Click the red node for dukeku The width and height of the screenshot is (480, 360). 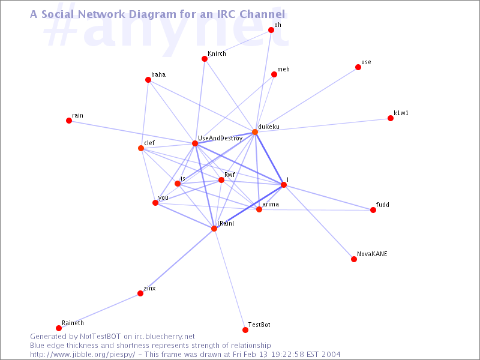coord(255,132)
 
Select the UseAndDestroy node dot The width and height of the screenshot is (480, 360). coord(195,143)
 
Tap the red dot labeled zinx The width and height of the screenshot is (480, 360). coord(140,293)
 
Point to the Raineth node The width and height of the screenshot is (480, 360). coord(59,328)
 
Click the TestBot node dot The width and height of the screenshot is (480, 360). coord(245,330)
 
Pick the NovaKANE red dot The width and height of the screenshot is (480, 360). coord(354,259)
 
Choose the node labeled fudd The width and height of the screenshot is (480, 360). coord(373,210)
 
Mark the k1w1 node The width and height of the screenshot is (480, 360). coord(391,118)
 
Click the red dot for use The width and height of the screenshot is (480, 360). coord(358,67)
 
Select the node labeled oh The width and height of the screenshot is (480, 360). coord(271,30)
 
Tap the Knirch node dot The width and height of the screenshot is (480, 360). coord(205,59)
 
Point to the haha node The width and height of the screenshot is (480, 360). coord(148,80)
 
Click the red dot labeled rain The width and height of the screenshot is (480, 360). coord(69,121)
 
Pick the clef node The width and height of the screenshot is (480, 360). coord(141,148)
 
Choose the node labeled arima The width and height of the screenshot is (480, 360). coord(259,209)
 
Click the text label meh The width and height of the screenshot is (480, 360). coord(283,70)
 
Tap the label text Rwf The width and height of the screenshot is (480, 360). coord(229,175)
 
